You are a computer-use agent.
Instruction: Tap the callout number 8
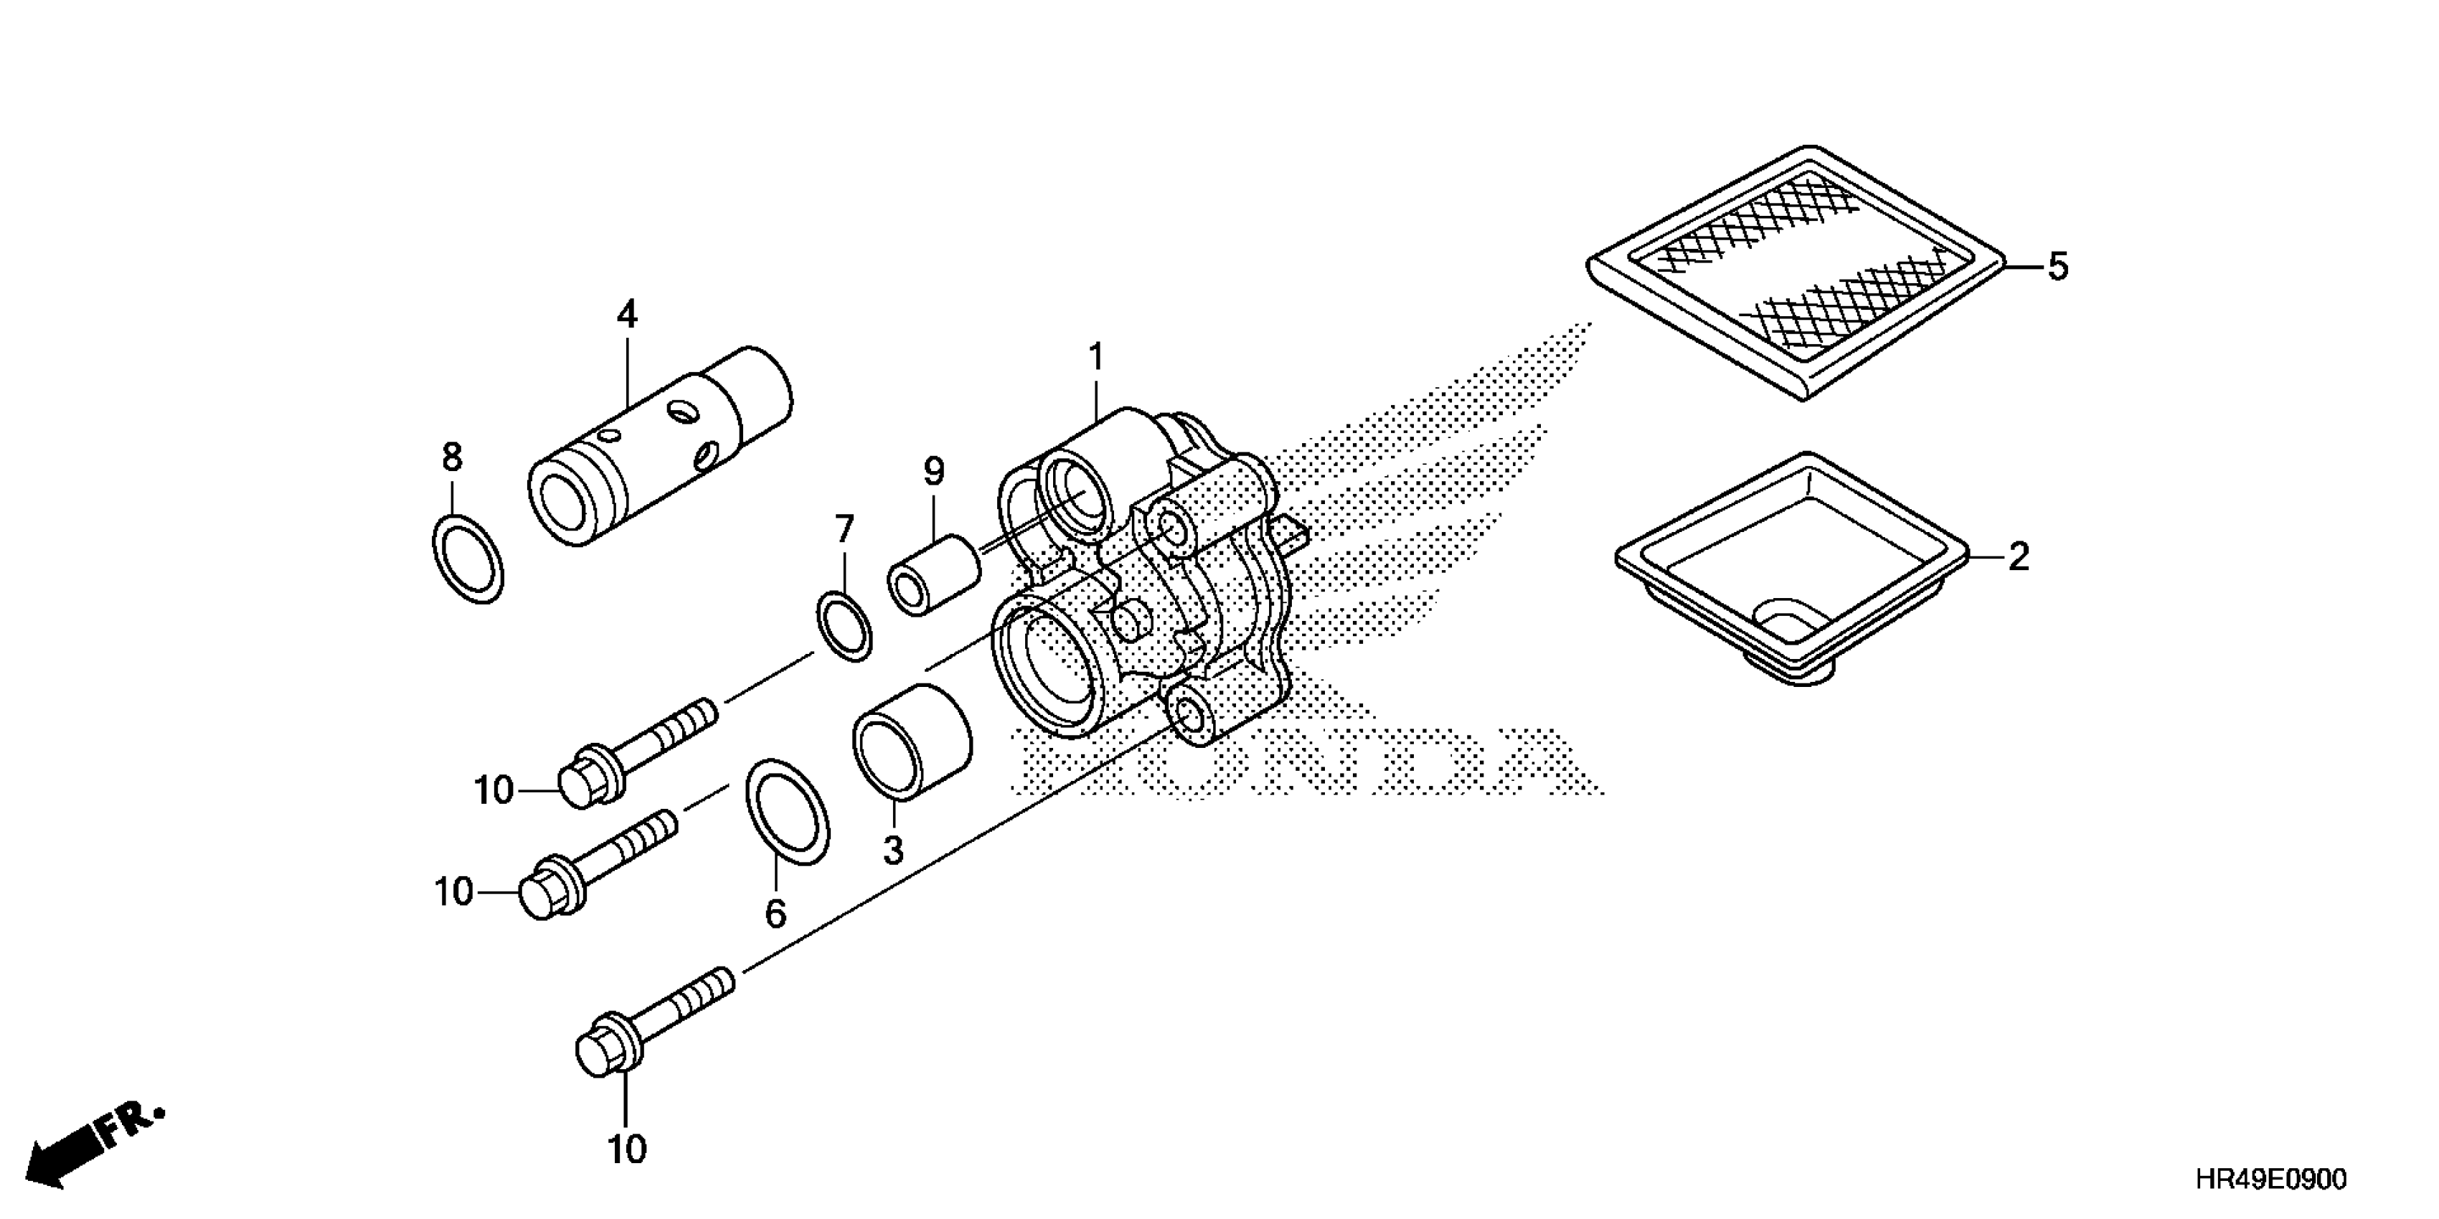(453, 458)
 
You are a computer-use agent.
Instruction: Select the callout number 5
(2057, 267)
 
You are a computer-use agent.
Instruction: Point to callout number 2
(2019, 557)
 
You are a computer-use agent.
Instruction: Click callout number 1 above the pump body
(1096, 359)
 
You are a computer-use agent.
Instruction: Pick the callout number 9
(933, 471)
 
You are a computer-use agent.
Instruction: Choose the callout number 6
(775, 914)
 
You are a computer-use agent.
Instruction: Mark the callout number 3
(894, 850)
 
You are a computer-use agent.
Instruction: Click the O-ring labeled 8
(467, 559)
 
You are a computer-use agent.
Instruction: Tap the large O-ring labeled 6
(788, 811)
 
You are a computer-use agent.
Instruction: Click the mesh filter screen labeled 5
(1796, 272)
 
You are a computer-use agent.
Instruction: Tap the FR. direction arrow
(90, 1146)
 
